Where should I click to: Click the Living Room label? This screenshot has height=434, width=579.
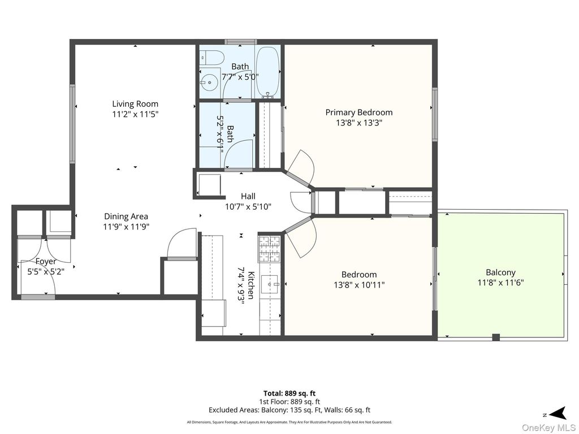click(135, 104)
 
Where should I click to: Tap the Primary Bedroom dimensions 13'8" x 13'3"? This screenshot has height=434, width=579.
click(358, 123)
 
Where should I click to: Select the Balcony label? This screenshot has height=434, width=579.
click(500, 272)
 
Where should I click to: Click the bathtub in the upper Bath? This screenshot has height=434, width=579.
click(267, 71)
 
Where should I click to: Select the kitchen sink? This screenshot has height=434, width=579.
click(270, 284)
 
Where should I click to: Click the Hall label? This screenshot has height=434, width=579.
click(248, 196)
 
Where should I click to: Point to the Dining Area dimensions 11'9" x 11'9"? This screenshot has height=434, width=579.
click(126, 227)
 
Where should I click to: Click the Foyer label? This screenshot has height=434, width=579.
click(46, 262)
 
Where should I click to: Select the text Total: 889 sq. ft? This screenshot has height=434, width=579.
click(289, 393)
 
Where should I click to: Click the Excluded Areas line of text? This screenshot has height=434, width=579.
click(289, 410)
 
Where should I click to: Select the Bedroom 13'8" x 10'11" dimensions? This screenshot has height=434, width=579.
click(358, 285)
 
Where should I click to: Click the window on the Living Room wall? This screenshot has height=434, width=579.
click(72, 124)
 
